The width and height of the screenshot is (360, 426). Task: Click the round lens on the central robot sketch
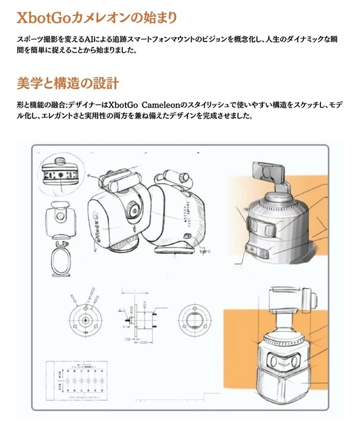point(133,210)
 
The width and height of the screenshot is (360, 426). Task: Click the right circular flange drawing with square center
point(194,315)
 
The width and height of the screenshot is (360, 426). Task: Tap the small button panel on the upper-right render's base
point(256,251)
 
